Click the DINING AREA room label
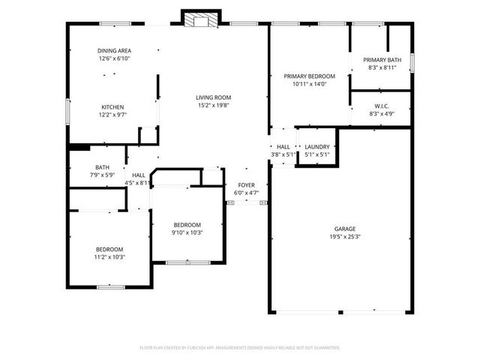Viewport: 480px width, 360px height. [x=114, y=50]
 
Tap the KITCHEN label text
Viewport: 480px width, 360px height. [x=112, y=106]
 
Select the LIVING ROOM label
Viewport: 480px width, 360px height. [x=213, y=97]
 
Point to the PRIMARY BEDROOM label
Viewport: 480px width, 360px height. [x=309, y=76]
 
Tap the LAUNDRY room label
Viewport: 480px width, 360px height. [x=317, y=147]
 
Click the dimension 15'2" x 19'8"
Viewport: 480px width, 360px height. [x=213, y=106]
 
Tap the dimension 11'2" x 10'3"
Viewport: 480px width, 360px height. [x=109, y=257]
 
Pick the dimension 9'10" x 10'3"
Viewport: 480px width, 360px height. [x=187, y=232]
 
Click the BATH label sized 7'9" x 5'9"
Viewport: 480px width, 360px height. [x=103, y=167]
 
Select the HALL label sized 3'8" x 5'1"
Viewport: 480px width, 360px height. [x=283, y=147]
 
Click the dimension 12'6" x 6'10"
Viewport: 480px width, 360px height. [x=114, y=58]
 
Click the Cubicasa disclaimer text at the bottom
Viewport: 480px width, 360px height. [x=240, y=347]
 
